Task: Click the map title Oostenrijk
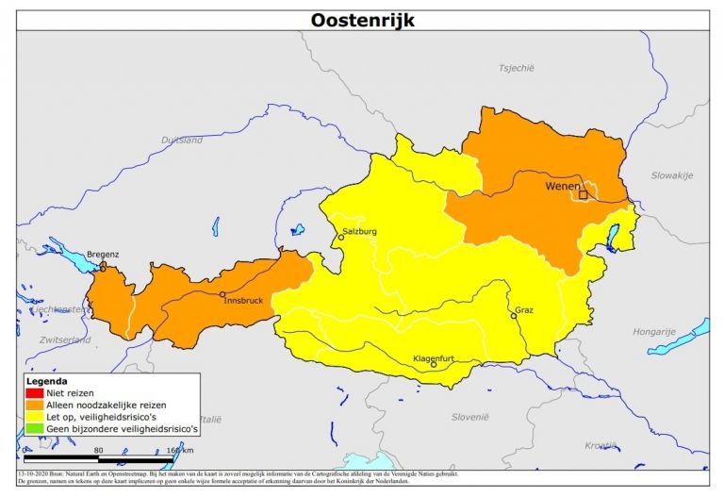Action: tap(362, 20)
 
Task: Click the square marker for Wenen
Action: tap(583, 195)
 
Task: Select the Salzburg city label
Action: tap(359, 230)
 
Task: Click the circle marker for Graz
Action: tap(514, 316)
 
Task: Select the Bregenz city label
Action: tap(103, 254)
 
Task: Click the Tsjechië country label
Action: tap(516, 68)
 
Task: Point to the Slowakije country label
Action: tap(671, 175)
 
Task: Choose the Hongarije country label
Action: tap(654, 331)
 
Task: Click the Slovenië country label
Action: tap(469, 416)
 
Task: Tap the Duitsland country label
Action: tap(181, 140)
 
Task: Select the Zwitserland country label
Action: tap(65, 339)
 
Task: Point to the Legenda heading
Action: tap(46, 380)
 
